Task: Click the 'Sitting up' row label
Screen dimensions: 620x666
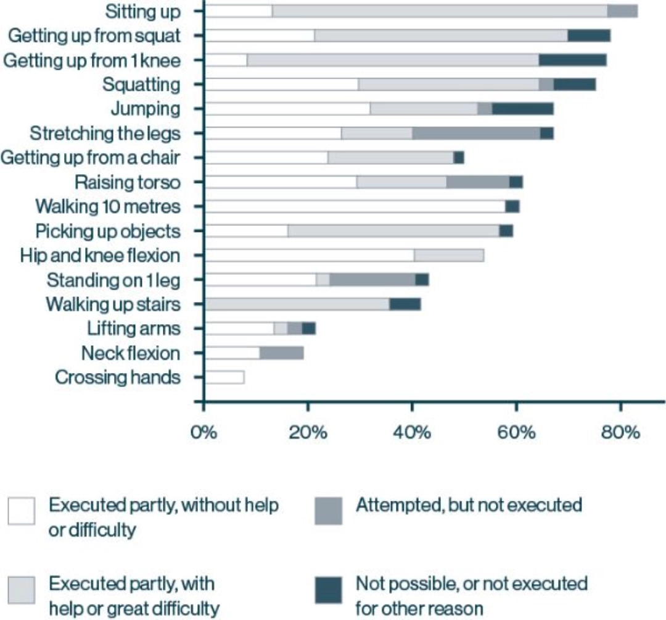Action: point(142,11)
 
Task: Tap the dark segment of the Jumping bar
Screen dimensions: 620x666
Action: point(522,109)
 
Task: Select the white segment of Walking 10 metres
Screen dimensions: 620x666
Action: point(355,206)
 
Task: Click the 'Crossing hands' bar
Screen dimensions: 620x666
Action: point(224,377)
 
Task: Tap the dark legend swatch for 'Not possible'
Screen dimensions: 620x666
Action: point(328,590)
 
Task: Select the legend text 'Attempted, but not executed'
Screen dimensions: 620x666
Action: point(469,505)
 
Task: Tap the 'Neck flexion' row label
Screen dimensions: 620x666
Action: point(131,353)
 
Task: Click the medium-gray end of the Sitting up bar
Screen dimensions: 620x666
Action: point(622,11)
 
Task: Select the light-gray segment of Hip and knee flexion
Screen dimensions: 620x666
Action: point(449,255)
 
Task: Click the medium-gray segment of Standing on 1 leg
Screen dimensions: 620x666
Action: point(372,280)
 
